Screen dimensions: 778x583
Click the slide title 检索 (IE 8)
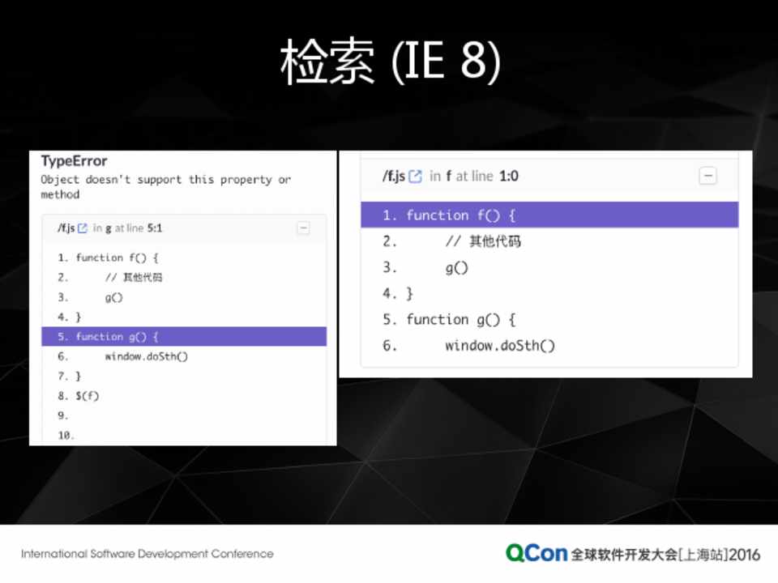(x=391, y=61)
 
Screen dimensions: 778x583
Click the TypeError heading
(x=74, y=160)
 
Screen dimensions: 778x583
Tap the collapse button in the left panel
(x=303, y=228)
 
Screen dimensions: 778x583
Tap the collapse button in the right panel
(x=707, y=176)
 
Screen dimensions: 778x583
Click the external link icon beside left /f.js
(x=83, y=228)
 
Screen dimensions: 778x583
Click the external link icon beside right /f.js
(x=415, y=176)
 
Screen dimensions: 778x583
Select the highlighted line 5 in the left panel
(x=184, y=337)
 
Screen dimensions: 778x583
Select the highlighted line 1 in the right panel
(x=549, y=215)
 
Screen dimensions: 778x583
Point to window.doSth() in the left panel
(x=147, y=356)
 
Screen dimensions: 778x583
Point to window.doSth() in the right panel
(x=500, y=345)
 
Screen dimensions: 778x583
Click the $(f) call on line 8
(x=88, y=396)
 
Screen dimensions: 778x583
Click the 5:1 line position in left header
(x=154, y=228)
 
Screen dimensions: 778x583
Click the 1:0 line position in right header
(x=509, y=176)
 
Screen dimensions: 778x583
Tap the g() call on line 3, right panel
(x=456, y=268)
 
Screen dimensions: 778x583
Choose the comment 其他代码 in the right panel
(x=495, y=241)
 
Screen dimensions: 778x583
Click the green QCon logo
(x=536, y=553)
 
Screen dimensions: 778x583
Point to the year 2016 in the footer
(x=744, y=554)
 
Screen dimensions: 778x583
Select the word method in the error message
(x=60, y=194)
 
